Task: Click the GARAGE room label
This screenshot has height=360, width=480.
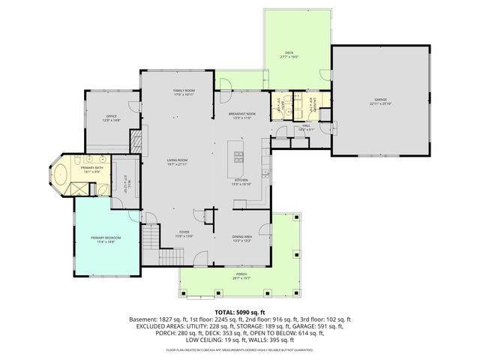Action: pyautogui.click(x=381, y=99)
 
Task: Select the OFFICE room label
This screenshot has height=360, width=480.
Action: pyautogui.click(x=111, y=115)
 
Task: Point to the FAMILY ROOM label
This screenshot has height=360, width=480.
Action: pyautogui.click(x=184, y=90)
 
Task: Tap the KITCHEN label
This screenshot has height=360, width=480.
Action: pyautogui.click(x=241, y=180)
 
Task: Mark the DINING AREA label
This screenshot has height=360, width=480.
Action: pyautogui.click(x=242, y=236)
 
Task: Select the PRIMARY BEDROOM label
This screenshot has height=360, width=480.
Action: pyautogui.click(x=106, y=238)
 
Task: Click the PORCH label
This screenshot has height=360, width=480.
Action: pyautogui.click(x=241, y=274)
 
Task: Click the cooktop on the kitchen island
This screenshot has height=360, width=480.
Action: pyautogui.click(x=238, y=156)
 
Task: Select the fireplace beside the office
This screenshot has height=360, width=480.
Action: pyautogui.click(x=136, y=142)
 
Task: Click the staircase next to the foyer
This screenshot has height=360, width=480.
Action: pyautogui.click(x=152, y=241)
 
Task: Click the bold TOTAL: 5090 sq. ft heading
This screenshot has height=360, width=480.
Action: pyautogui.click(x=240, y=311)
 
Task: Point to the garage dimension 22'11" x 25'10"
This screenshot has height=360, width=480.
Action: pyautogui.click(x=381, y=103)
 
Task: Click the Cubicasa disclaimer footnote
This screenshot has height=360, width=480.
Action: pyautogui.click(x=240, y=349)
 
